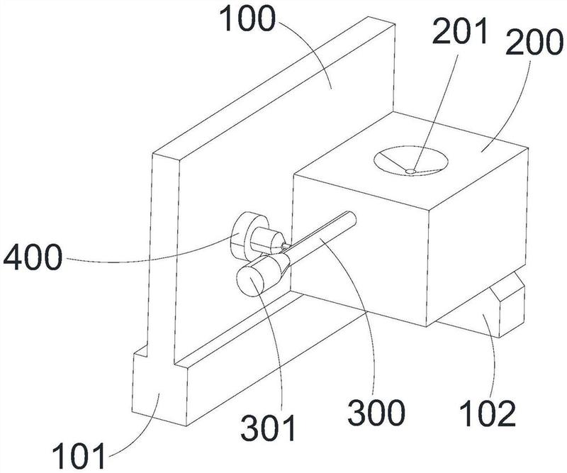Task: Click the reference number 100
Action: pyautogui.click(x=249, y=19)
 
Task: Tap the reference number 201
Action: pyautogui.click(x=460, y=31)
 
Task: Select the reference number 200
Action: pyautogui.click(x=534, y=42)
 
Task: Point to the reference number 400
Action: pyautogui.click(x=33, y=257)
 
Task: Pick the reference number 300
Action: pyautogui.click(x=376, y=413)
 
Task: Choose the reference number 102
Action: pyautogui.click(x=488, y=413)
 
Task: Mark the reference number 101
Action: pyautogui.click(x=79, y=456)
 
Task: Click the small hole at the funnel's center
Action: pyautogui.click(x=410, y=171)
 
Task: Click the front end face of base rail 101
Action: pyautogui.click(x=159, y=391)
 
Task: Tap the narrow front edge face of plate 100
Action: pyautogui.click(x=163, y=253)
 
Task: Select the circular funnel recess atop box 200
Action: pyautogui.click(x=411, y=161)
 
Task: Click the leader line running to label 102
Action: pyautogui.click(x=493, y=357)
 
